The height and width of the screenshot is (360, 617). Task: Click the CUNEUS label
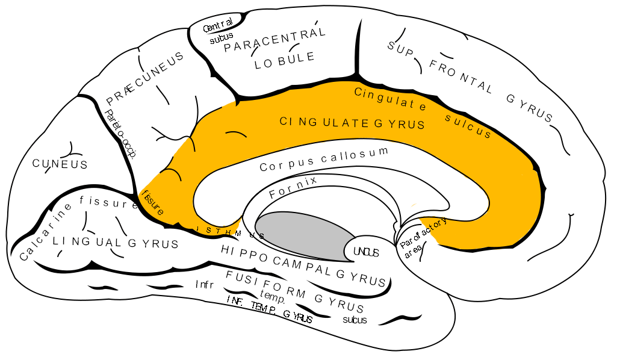[x=60, y=164]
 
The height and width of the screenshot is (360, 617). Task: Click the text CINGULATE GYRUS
[x=352, y=123]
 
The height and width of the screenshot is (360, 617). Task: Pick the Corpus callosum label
[x=324, y=160]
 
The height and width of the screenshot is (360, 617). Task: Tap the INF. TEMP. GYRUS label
[x=269, y=311]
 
